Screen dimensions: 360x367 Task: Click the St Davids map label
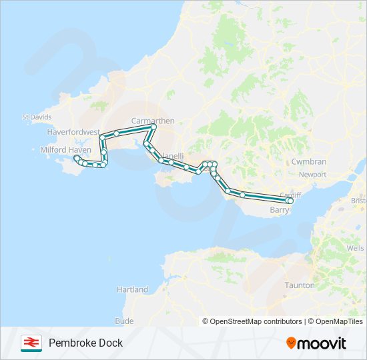point(37,117)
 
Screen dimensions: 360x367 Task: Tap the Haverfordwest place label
point(73,132)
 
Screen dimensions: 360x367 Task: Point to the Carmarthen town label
point(153,121)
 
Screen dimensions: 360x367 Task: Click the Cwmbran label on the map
point(309,162)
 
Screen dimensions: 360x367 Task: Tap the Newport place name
point(312,175)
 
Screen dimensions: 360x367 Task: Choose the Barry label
point(279,209)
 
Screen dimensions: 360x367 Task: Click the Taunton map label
point(300,285)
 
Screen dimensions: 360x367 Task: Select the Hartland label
point(132,290)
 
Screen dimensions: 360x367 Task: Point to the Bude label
point(124,321)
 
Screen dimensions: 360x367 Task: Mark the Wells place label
point(356,248)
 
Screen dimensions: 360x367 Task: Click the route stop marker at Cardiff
point(290,200)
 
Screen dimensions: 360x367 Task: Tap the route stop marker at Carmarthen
point(153,126)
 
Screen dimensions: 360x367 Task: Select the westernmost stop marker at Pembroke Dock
point(77,158)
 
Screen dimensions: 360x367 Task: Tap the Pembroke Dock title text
point(85,343)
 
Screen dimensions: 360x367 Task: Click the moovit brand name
point(322,343)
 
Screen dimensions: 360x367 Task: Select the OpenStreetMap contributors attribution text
point(256,321)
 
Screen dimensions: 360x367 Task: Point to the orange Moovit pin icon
point(291,343)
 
